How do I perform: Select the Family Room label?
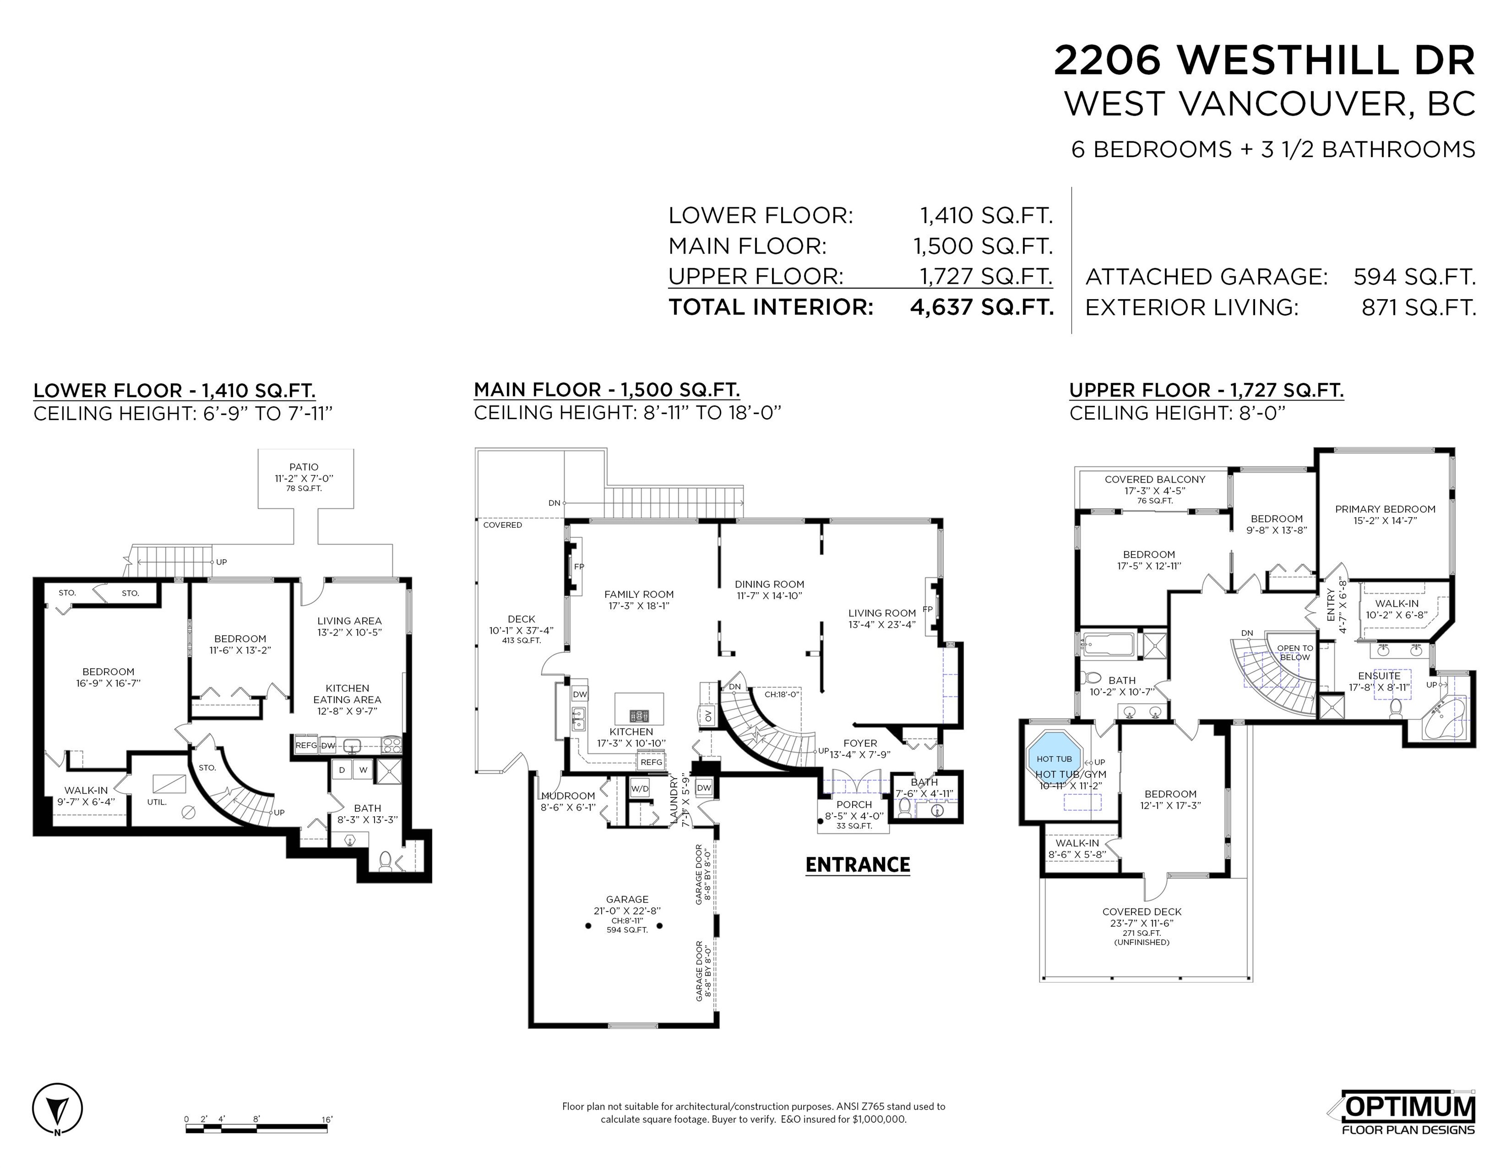[639, 594]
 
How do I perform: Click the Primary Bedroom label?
[1385, 509]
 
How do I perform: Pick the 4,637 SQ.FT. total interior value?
[982, 307]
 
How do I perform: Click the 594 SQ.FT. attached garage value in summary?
[1415, 277]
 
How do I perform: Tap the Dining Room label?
[769, 584]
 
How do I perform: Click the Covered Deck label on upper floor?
[1141, 912]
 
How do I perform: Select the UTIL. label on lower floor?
[156, 802]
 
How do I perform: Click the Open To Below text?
[1295, 652]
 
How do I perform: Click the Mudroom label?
[568, 796]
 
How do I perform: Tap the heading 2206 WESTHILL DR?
[1265, 60]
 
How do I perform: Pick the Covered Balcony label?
[1155, 480]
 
